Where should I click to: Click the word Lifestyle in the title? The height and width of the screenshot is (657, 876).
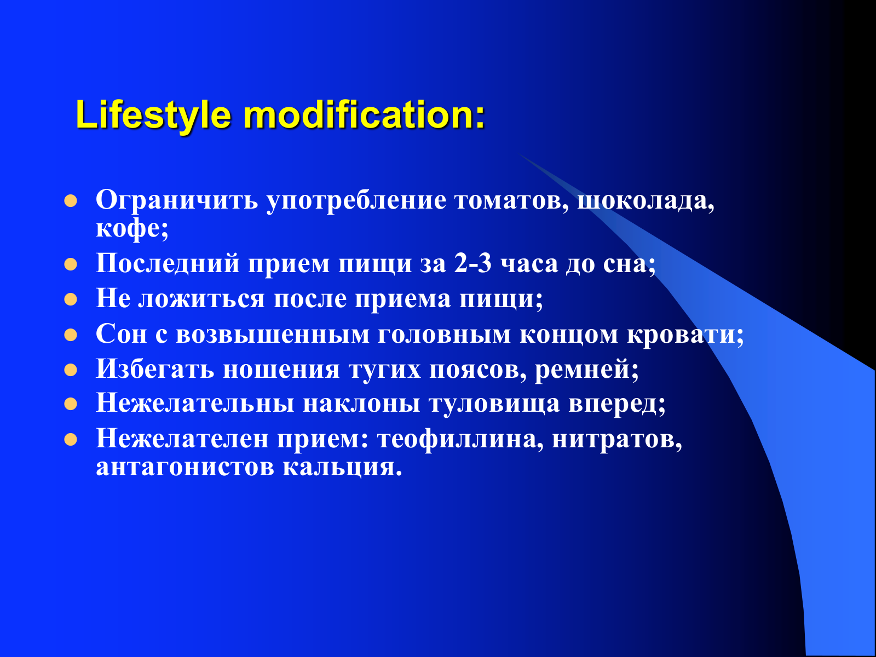154,115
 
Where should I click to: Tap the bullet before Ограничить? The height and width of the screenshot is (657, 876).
71,200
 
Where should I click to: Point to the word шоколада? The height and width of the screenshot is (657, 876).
646,200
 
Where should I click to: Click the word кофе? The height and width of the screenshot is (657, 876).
132,228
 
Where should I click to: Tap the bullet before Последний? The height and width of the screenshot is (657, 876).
71,264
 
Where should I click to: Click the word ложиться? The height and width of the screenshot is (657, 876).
201,299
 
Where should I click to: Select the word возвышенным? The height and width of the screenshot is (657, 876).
273,335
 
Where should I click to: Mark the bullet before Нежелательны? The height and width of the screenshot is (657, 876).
71,404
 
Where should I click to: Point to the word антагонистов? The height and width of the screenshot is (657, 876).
185,466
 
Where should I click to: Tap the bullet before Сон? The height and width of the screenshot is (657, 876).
71,335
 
